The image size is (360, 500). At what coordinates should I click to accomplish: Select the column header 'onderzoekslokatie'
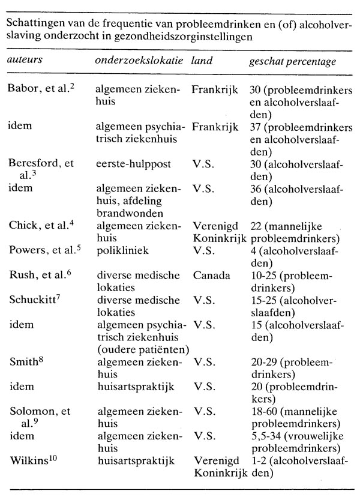coord(137,62)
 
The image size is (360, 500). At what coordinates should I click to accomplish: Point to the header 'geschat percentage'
coord(292,62)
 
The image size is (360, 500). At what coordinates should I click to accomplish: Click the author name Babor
coord(22,89)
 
